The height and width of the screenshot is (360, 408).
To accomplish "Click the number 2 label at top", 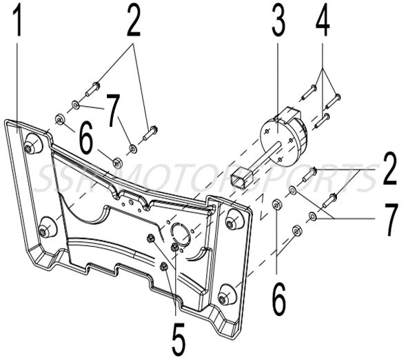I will click(x=133, y=22).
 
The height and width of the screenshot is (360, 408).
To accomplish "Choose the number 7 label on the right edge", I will click(x=390, y=219).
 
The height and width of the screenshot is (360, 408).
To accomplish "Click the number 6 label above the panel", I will click(x=86, y=140).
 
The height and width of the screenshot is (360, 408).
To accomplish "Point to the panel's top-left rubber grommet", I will click(x=32, y=146).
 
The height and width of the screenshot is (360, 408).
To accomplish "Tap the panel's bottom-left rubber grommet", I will click(x=47, y=230).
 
